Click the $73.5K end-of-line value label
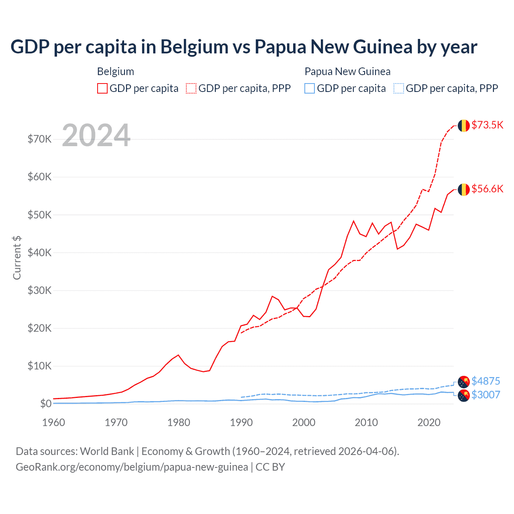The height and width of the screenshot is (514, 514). click(x=487, y=125)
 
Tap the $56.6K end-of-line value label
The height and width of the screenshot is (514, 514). click(x=487, y=189)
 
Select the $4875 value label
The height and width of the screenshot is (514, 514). click(x=485, y=381)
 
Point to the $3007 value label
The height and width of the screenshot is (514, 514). click(x=485, y=395)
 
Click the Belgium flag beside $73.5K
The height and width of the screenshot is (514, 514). click(x=464, y=126)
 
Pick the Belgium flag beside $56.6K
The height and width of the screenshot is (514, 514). click(x=464, y=190)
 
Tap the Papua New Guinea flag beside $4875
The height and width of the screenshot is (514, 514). click(x=464, y=382)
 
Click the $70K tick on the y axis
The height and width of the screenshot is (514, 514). click(x=39, y=139)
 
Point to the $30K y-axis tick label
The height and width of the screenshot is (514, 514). click(x=39, y=290)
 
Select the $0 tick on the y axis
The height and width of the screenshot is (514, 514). click(x=45, y=404)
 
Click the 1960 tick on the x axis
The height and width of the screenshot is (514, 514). click(x=53, y=422)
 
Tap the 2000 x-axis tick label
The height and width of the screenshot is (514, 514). click(x=304, y=422)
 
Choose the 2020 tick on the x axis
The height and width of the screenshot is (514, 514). click(x=429, y=422)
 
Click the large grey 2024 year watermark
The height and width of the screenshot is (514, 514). click(x=96, y=135)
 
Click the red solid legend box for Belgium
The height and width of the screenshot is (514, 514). click(x=102, y=88)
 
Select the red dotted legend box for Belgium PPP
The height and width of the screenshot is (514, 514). click(x=191, y=88)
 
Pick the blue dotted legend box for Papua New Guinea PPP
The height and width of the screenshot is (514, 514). click(x=399, y=88)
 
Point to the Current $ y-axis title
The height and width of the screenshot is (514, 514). click(x=17, y=258)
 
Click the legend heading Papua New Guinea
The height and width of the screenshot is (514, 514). click(x=347, y=71)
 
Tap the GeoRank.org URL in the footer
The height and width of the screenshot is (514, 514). click(x=132, y=467)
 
